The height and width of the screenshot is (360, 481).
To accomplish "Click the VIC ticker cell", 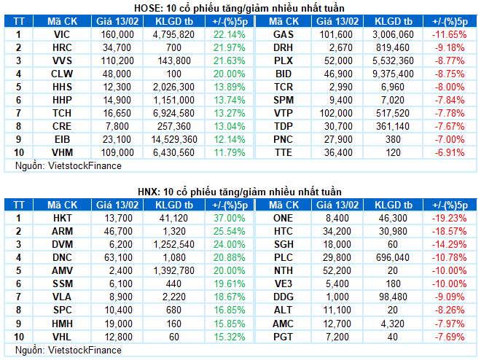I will pyautogui.click(x=61, y=34).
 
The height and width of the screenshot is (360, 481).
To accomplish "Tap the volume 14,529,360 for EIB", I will pyautogui.click(x=175, y=139).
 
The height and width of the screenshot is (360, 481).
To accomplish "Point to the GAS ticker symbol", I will pyautogui.click(x=283, y=34).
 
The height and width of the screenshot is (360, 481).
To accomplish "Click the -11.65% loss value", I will pyautogui.click(x=449, y=34).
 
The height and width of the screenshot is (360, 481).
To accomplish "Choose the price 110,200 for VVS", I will pyautogui.click(x=116, y=60).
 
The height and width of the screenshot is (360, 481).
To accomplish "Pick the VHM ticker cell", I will pyautogui.click(x=61, y=152).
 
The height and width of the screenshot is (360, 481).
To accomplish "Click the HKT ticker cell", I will pyautogui.click(x=61, y=218).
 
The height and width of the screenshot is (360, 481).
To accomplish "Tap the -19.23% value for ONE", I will pyautogui.click(x=449, y=218).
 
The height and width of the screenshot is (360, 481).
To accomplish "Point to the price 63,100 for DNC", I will pyautogui.click(x=117, y=257).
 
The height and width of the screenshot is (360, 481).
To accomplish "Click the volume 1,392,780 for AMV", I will pyautogui.click(x=175, y=270).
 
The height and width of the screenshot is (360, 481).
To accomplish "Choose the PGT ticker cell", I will pyautogui.click(x=283, y=336).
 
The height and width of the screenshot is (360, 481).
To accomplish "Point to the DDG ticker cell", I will pyautogui.click(x=283, y=297).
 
